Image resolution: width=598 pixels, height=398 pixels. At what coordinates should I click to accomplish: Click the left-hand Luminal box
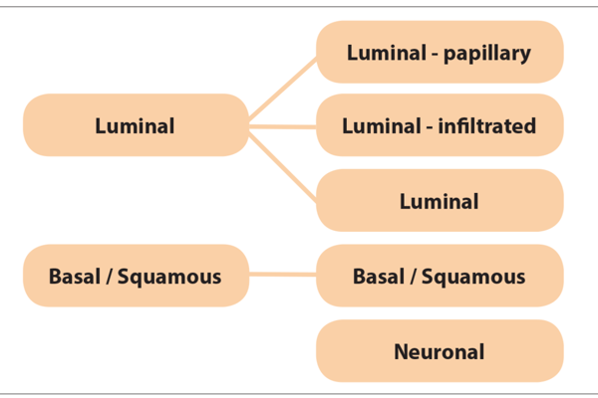coord(135,125)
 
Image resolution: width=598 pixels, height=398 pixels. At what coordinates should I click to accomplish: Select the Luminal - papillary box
coord(440,52)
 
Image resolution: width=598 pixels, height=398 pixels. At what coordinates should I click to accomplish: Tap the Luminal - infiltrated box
coord(440,126)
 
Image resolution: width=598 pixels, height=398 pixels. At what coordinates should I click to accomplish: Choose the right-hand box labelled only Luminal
coord(440,201)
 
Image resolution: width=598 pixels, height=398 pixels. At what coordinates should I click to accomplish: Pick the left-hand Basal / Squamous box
coord(135,275)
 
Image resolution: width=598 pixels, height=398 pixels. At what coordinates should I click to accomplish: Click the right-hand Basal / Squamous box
coord(440,275)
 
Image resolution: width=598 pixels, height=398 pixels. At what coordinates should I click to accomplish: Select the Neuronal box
coord(440,350)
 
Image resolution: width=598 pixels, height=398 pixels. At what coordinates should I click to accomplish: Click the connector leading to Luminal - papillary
coord(283,90)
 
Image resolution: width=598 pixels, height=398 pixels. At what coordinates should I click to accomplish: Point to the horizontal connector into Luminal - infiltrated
coord(283,126)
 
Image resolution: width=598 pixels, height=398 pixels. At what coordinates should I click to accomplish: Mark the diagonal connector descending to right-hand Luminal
coord(283,163)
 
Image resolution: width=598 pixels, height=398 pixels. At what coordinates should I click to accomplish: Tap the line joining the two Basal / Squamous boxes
coord(283,274)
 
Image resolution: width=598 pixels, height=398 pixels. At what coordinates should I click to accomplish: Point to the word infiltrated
coord(489,126)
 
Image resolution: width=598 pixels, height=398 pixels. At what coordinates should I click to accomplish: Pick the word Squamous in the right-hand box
coord(474,276)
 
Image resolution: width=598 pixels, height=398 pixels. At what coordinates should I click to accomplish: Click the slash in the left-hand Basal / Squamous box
coord(108,275)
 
